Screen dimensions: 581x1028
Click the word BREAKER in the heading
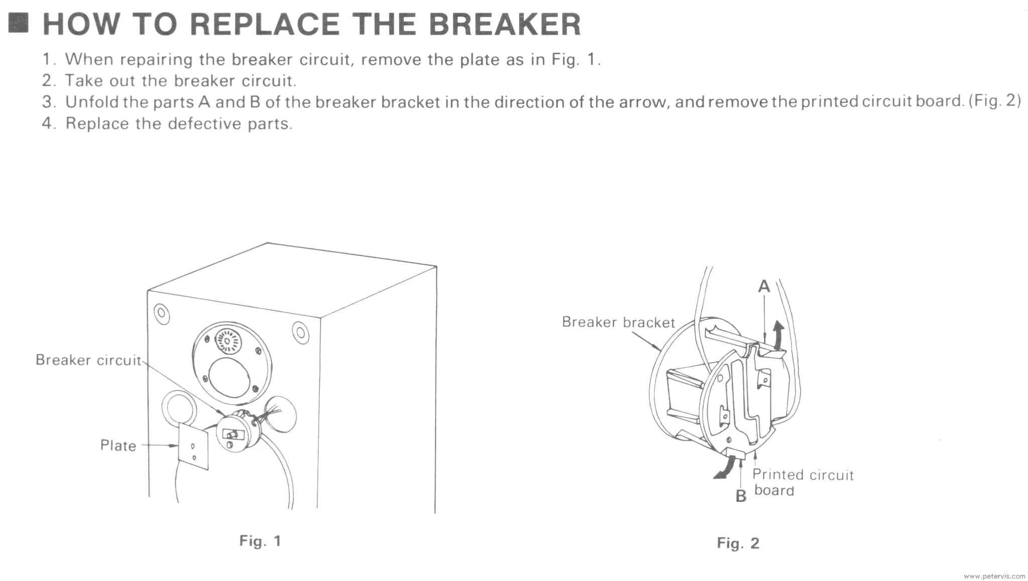pyautogui.click(x=504, y=24)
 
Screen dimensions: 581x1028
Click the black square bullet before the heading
pyautogui.click(x=19, y=23)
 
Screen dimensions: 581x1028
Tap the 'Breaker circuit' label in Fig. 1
pyautogui.click(x=88, y=360)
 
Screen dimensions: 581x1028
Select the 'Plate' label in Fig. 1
pyautogui.click(x=118, y=445)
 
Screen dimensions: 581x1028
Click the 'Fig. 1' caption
pyautogui.click(x=260, y=541)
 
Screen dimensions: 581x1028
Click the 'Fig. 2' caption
pyautogui.click(x=738, y=543)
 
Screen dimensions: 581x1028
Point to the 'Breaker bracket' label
pyautogui.click(x=618, y=322)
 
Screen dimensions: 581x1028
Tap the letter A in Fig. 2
pyautogui.click(x=763, y=286)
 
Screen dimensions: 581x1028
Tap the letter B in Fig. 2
pyautogui.click(x=740, y=496)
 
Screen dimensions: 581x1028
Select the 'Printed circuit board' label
pyautogui.click(x=802, y=482)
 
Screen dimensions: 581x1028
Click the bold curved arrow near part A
pyautogui.click(x=779, y=335)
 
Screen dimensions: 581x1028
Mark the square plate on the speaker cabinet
pyautogui.click(x=193, y=446)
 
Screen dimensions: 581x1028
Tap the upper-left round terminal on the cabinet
pyautogui.click(x=161, y=313)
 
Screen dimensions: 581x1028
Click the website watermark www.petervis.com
pyautogui.click(x=994, y=576)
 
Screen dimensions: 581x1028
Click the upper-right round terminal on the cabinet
pyautogui.click(x=300, y=332)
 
